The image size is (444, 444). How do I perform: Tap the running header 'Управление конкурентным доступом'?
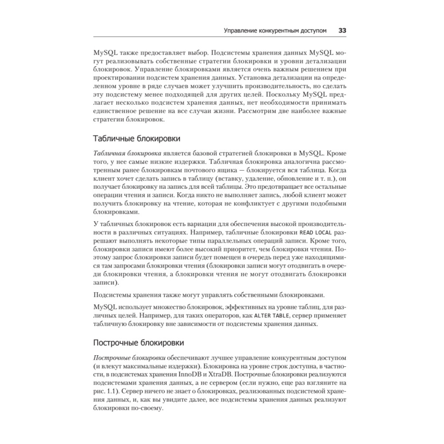tap(275, 31)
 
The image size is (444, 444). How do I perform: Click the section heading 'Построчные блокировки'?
tap(139, 343)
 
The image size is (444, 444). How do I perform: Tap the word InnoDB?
tap(217, 374)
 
